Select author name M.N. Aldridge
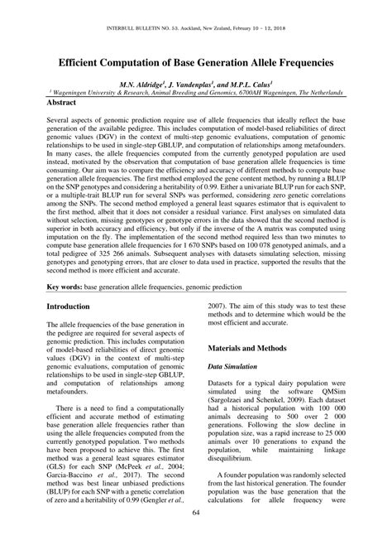point(147,84)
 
